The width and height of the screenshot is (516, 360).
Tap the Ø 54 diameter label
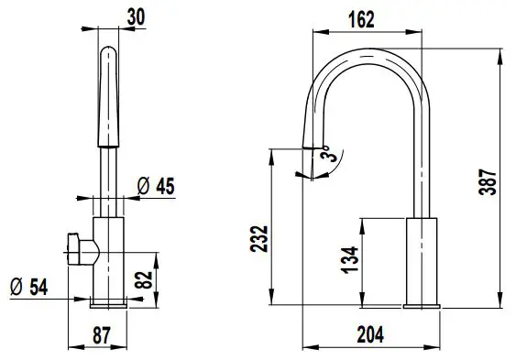click(x=28, y=287)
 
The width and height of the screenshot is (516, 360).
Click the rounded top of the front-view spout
click(x=108, y=53)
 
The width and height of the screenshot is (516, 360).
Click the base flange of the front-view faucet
click(x=108, y=302)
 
